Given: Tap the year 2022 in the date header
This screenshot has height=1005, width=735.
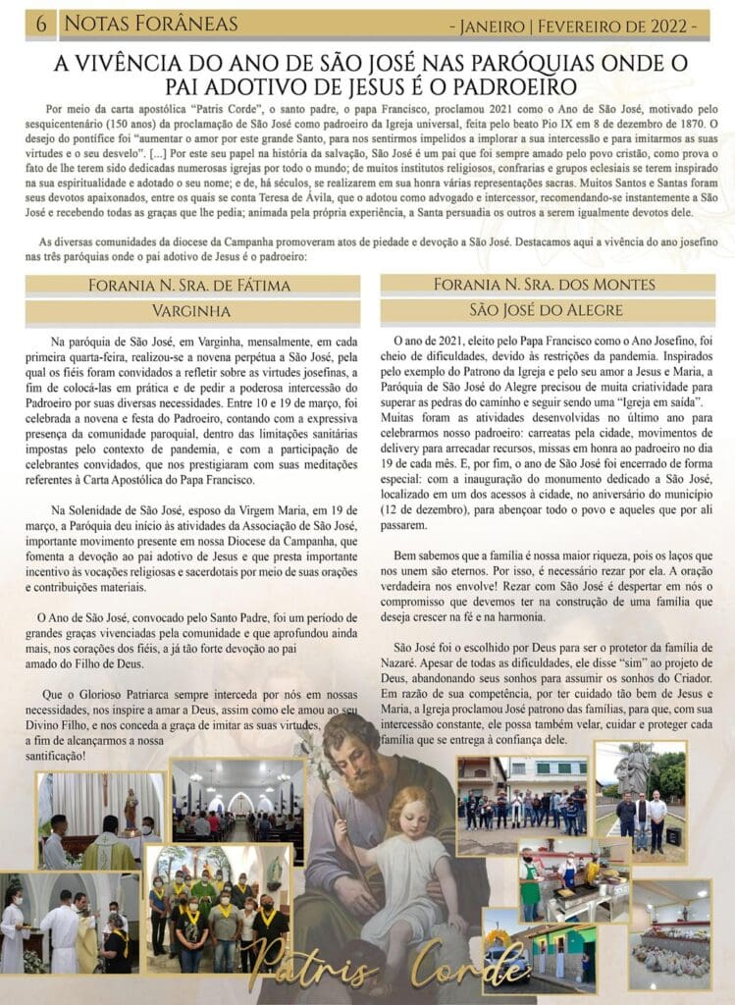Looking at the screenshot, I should [x=673, y=25].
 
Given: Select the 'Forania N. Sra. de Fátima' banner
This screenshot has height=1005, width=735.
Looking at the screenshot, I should [x=192, y=287].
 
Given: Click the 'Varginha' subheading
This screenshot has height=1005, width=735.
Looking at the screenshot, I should [x=192, y=312].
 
